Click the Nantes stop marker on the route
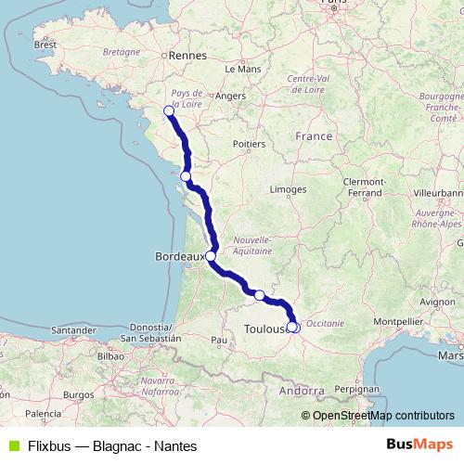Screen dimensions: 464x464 (169, 111)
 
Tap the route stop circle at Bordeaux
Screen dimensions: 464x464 (211, 256)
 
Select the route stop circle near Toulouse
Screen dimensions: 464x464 (292, 327)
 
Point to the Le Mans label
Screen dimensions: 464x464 (243, 69)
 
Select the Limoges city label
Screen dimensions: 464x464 (289, 189)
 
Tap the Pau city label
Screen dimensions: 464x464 (220, 341)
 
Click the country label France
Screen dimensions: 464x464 (314, 135)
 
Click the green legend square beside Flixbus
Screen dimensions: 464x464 (11, 446)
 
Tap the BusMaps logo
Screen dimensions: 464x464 (419, 445)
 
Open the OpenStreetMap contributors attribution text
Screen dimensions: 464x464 (383, 416)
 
